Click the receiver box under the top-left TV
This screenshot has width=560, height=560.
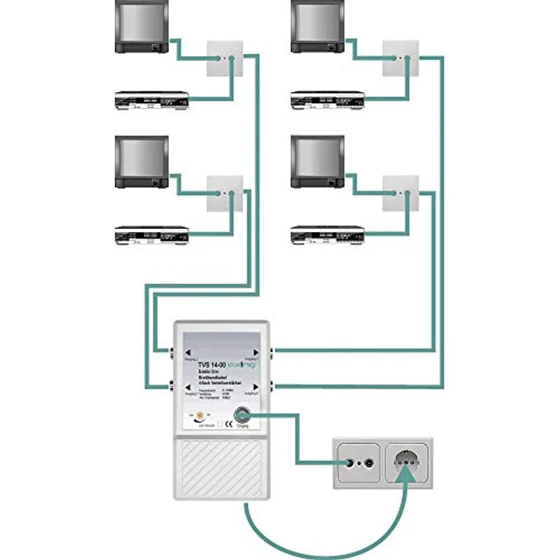[151, 101]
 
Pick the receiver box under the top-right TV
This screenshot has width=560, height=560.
[327, 101]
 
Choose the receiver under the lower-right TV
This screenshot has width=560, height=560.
[327, 236]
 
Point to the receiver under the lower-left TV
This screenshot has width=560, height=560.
[151, 236]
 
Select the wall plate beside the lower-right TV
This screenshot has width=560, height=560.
[400, 193]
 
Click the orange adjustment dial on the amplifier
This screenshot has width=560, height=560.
[201, 415]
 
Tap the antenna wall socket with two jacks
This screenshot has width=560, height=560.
[358, 463]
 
